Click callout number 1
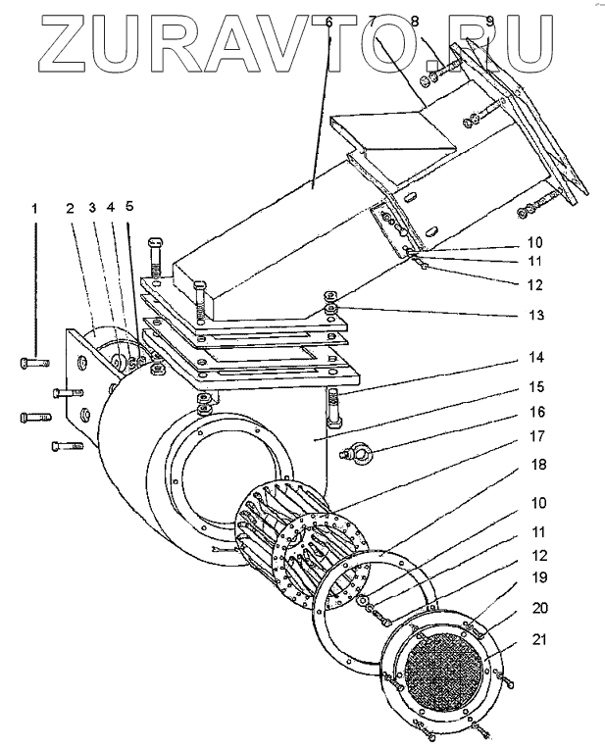coord(35,208)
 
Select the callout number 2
coord(71,208)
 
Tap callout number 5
coord(129,208)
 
